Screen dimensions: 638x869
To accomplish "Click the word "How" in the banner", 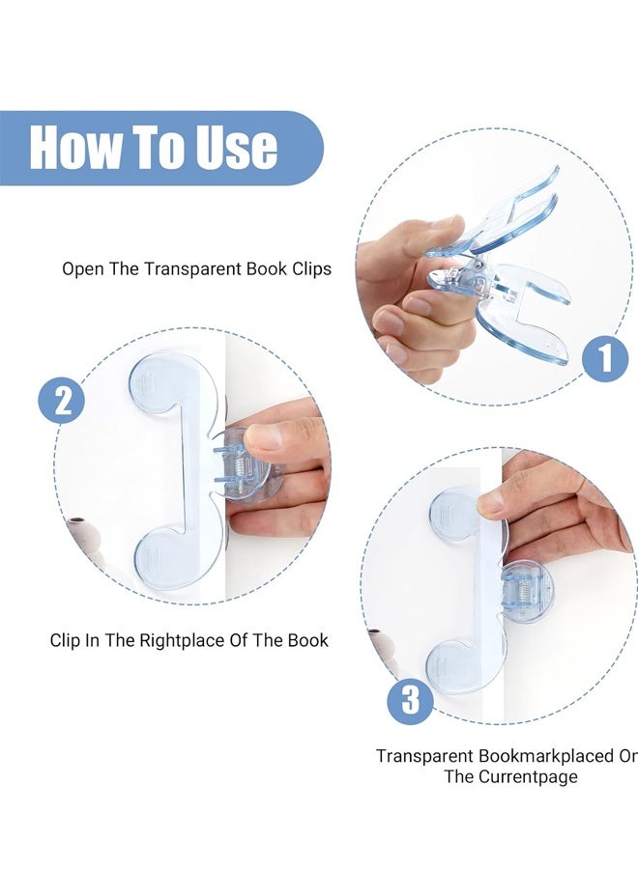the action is click(75, 147).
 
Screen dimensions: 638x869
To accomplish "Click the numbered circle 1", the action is click(605, 358).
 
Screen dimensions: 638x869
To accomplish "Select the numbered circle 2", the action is click(61, 400).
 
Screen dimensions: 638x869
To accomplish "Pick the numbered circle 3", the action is click(410, 700).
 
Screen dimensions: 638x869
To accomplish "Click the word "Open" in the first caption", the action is click(83, 269).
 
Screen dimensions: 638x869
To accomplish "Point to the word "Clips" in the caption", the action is click(312, 269).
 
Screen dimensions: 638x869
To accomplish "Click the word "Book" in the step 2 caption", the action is click(308, 641).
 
